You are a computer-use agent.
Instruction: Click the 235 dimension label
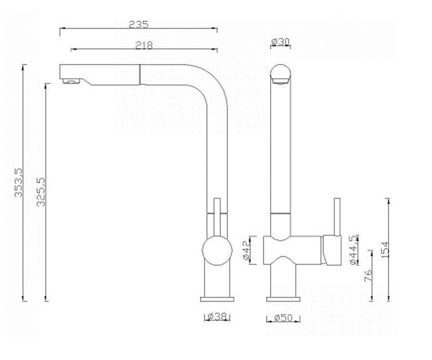point(139,24)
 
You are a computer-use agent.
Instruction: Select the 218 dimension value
point(144,45)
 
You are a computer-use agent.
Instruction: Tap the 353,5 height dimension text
point(18,182)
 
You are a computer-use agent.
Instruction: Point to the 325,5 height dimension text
point(41,192)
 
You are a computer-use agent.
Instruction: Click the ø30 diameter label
point(280,42)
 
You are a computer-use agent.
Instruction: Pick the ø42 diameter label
point(247,250)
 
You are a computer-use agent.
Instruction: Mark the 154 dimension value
point(385,250)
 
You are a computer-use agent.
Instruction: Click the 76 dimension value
point(368,275)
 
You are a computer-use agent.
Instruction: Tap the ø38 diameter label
point(217,316)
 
